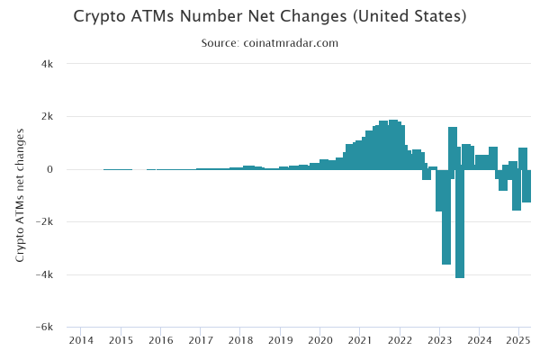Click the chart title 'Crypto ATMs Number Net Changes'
point(212,17)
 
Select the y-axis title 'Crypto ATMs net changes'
point(20,195)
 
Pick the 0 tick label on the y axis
point(50,169)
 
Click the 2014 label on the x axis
point(81,340)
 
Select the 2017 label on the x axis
point(201,340)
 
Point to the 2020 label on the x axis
point(320,340)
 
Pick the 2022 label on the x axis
point(400,340)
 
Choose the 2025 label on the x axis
point(518,340)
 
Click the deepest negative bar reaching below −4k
point(460,225)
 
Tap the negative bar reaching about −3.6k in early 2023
point(446,216)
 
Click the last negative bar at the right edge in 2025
point(526,186)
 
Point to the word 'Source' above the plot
point(220,43)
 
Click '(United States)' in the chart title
point(409,17)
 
